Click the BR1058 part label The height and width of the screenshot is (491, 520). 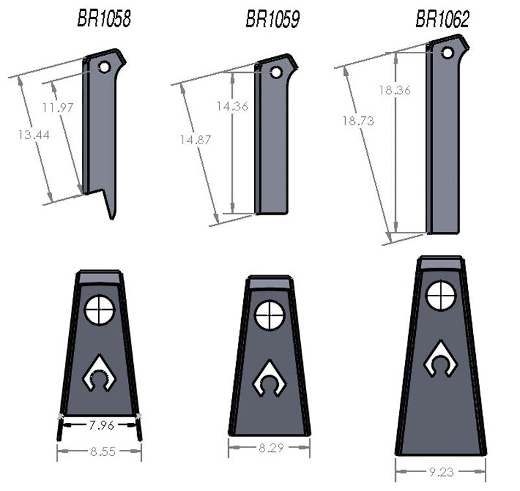(x=104, y=19)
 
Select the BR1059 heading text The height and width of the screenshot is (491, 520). (x=272, y=19)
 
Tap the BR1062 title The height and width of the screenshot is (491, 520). (x=442, y=19)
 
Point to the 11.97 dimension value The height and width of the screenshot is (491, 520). (x=58, y=108)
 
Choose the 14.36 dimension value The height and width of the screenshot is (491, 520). (x=232, y=107)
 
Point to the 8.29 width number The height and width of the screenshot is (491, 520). (x=269, y=447)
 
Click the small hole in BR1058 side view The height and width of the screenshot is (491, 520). (x=104, y=67)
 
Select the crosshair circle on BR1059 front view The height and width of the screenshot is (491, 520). (x=270, y=316)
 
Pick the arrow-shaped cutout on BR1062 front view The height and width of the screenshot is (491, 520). (x=441, y=359)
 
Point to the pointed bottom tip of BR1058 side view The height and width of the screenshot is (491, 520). (x=113, y=215)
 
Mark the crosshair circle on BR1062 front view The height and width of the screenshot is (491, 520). (x=441, y=296)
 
